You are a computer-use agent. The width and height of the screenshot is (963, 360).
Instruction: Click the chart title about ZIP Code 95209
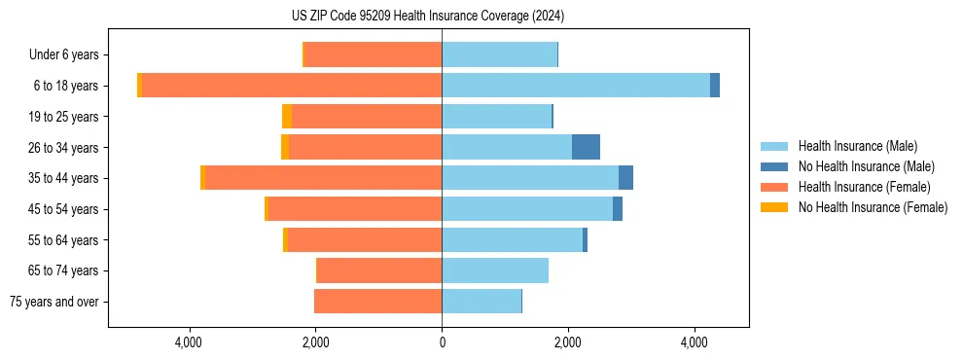pos(442,17)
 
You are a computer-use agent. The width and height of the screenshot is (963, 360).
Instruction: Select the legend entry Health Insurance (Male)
pos(857,146)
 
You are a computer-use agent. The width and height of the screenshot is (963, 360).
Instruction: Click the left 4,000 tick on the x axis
pos(189,342)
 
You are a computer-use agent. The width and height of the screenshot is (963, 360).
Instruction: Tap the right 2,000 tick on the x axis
pos(568,342)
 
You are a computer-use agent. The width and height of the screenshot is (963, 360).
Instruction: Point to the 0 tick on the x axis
pos(442,342)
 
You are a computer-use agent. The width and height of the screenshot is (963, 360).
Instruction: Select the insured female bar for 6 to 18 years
pos(292,86)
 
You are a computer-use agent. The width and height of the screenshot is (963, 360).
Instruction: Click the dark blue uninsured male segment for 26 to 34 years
pos(586,147)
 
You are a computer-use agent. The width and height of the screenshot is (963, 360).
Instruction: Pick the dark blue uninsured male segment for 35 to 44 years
pos(625,178)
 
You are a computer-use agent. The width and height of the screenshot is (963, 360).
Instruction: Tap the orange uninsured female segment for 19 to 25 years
pos(287,117)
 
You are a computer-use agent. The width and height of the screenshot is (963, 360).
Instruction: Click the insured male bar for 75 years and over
pos(481,302)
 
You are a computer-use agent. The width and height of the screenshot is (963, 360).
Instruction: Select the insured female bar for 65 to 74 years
pos(379,270)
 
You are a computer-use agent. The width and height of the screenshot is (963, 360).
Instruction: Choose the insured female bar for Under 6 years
pos(374,54)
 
